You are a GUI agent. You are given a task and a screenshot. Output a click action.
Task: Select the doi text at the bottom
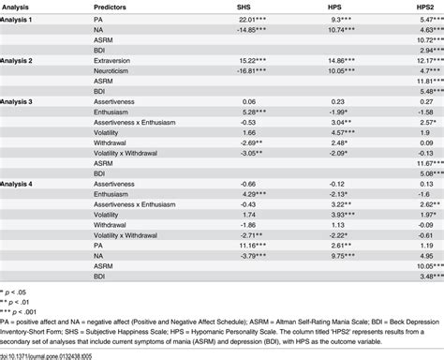66,353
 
